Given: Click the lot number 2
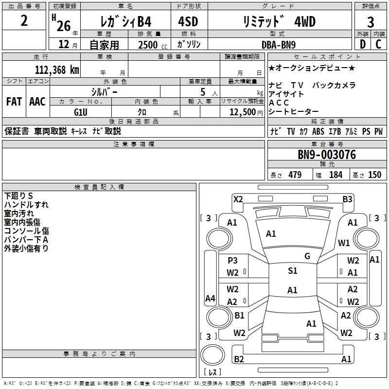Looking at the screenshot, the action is click(24, 20).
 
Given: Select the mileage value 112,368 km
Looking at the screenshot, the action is click(57, 70).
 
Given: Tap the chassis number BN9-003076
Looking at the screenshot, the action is click(327, 155).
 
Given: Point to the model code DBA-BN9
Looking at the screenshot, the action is click(279, 45).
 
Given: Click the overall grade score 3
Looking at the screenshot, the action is click(371, 22).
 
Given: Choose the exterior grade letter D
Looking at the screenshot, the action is click(363, 44).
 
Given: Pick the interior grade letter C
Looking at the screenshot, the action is click(378, 44).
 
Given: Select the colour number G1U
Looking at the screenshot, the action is click(81, 112).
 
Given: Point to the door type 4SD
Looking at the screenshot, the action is click(188, 21).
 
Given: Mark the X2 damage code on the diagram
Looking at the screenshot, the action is click(238, 199).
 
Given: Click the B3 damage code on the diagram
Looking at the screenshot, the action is click(347, 199).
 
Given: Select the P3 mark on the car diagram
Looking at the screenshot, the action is click(232, 260).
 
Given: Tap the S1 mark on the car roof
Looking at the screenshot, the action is click(293, 270).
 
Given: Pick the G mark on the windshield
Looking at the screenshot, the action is click(307, 256).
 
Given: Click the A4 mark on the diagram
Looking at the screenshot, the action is click(210, 298).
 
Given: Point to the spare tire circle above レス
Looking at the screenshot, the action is click(212, 355).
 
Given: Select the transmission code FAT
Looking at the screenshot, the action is click(14, 102).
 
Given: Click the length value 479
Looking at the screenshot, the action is click(295, 175).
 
